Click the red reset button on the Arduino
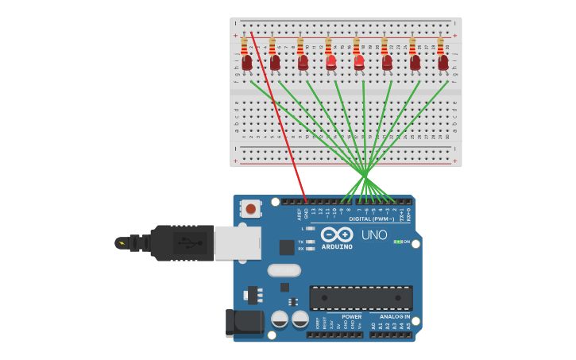[x=251, y=209]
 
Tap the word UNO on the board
[x=374, y=235]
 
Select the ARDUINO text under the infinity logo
[x=337, y=246]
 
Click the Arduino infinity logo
[x=337, y=234]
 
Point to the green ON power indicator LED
[x=397, y=242]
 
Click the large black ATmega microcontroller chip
[x=361, y=298]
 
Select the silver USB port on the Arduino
[x=238, y=242]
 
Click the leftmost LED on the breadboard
[x=247, y=62]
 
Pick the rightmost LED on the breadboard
[x=443, y=62]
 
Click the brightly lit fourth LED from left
[x=331, y=61]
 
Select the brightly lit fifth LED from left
[x=359, y=61]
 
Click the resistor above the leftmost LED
[x=244, y=47]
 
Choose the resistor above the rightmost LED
[x=440, y=47]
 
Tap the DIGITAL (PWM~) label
[x=371, y=219]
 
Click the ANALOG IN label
[x=390, y=316]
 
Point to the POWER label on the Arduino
[x=351, y=316]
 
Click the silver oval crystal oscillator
[x=284, y=270]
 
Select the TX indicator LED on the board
[x=310, y=242]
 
